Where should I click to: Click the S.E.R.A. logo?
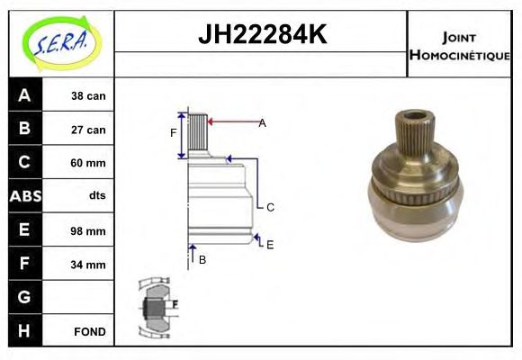[x=62, y=43]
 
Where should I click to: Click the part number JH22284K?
[x=263, y=34]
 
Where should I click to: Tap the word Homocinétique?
[x=460, y=55]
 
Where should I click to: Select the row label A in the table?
[x=24, y=95]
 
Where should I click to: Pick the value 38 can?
[x=88, y=96]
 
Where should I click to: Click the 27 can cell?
[x=88, y=130]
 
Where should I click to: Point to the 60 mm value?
[x=88, y=163]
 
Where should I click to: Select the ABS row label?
[x=25, y=196]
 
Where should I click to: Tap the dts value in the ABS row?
[x=97, y=195]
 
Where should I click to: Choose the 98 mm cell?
[x=88, y=230]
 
